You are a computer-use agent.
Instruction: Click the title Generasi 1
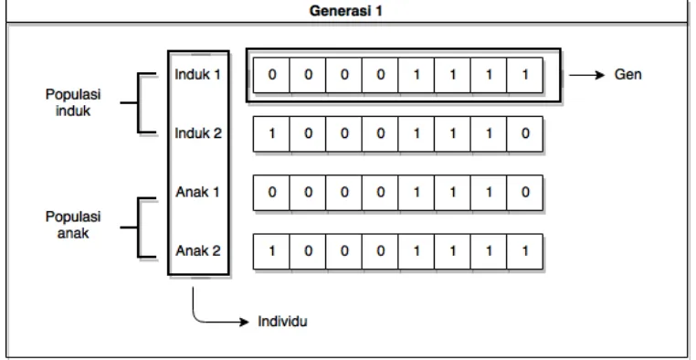pyautogui.click(x=345, y=11)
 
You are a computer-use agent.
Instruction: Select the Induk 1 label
pyautogui.click(x=198, y=74)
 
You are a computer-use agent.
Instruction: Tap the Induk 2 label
pyautogui.click(x=198, y=132)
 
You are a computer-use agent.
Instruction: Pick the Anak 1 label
pyautogui.click(x=198, y=192)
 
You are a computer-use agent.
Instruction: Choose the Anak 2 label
pyautogui.click(x=198, y=250)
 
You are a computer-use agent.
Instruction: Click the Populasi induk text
pyautogui.click(x=73, y=102)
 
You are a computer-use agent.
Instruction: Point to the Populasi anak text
pyautogui.click(x=73, y=225)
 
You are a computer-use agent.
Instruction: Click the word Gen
pyautogui.click(x=627, y=74)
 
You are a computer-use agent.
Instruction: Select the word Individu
pyautogui.click(x=282, y=321)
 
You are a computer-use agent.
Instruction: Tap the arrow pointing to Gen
pyautogui.click(x=586, y=75)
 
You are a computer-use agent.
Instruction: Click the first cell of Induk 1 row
pyautogui.click(x=271, y=75)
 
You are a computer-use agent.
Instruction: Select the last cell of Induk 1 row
pyautogui.click(x=524, y=75)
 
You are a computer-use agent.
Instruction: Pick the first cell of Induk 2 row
pyautogui.click(x=271, y=133)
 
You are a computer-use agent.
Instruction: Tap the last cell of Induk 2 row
pyautogui.click(x=524, y=133)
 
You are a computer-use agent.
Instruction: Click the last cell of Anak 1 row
pyautogui.click(x=524, y=193)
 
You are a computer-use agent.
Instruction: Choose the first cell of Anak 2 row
pyautogui.click(x=271, y=251)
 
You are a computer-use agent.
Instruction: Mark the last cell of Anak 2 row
pyautogui.click(x=524, y=251)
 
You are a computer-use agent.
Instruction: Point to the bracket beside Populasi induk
pyautogui.click(x=138, y=102)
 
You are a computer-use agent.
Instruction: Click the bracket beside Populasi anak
pyautogui.click(x=138, y=228)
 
